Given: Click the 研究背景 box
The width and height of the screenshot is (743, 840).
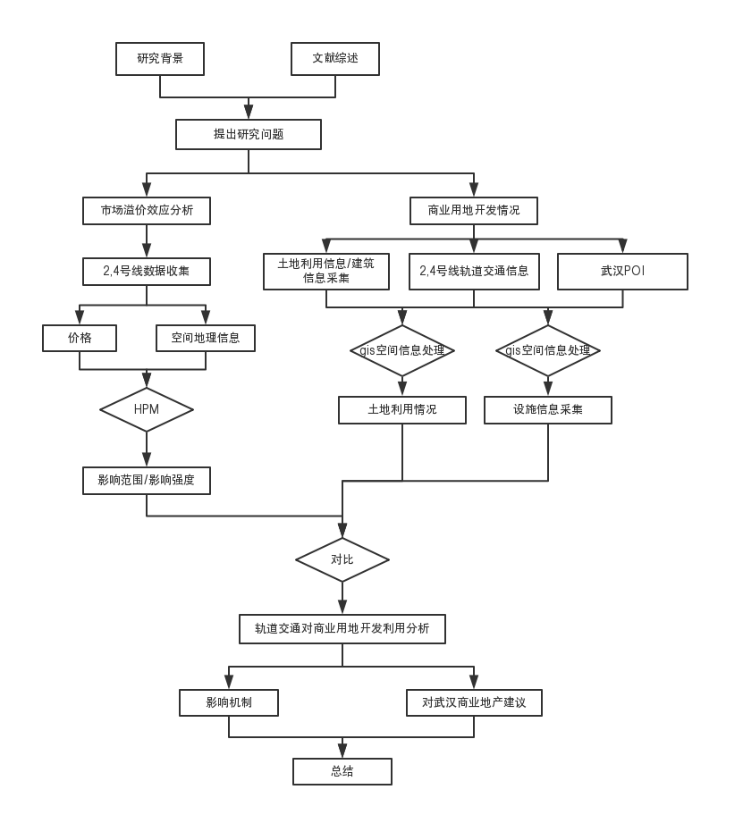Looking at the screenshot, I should [x=160, y=59].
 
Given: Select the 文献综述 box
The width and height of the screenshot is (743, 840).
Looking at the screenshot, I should [x=335, y=59].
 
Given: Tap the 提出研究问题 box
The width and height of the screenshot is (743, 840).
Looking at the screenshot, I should [x=248, y=135].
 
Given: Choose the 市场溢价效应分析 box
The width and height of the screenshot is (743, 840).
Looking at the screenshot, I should [x=147, y=211].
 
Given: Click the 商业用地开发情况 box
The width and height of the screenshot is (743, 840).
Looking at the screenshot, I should [x=474, y=211].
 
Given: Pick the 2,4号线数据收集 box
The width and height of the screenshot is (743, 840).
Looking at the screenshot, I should [x=147, y=271].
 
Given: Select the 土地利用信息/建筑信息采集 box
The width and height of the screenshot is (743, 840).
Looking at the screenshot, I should [x=326, y=272].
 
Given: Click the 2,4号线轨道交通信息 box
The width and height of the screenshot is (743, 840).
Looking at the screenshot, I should [x=474, y=272].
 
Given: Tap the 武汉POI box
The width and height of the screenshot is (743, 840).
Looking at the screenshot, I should [x=622, y=272].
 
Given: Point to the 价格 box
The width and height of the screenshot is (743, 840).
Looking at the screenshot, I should [x=80, y=338].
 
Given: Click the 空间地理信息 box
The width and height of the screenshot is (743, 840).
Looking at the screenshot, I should [x=206, y=338].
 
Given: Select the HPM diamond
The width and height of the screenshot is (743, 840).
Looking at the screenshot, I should [x=146, y=409].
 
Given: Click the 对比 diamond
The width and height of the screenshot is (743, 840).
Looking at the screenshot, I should [x=342, y=560].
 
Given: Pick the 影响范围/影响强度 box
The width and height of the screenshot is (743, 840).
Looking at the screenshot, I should [x=147, y=480].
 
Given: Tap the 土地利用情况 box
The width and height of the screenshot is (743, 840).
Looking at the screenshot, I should [x=402, y=409].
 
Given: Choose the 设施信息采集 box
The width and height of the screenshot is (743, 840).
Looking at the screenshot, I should [x=548, y=409].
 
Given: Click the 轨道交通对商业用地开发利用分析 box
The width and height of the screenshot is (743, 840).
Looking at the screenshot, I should [x=342, y=628].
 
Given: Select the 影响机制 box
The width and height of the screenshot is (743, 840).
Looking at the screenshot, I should [x=229, y=702].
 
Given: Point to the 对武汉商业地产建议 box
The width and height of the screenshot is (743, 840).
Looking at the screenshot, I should [x=474, y=702].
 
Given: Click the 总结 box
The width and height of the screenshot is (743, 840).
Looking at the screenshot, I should [x=342, y=771].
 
